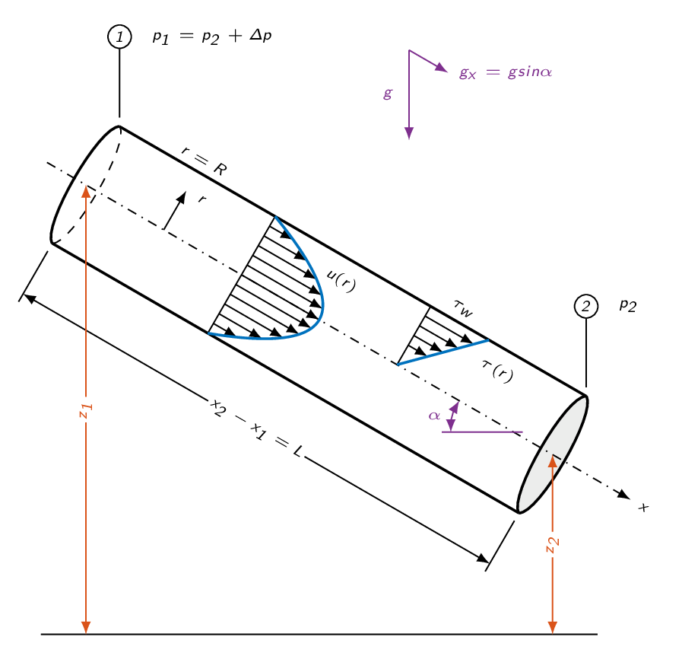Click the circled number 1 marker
point(119,37)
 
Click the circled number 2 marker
point(586,307)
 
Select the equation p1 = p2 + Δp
point(212,37)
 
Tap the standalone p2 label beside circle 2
point(628,305)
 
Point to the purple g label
point(388,93)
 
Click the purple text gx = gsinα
point(506,72)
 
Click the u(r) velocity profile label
point(341,281)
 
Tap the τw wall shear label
point(464,308)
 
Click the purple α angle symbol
point(434,416)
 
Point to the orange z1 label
point(86,410)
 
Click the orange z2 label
point(553,545)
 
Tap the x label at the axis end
point(644,507)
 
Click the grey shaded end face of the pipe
point(553,454)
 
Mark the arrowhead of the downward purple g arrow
point(409,132)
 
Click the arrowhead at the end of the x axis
point(624,494)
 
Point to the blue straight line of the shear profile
point(443,352)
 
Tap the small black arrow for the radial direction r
point(174,210)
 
